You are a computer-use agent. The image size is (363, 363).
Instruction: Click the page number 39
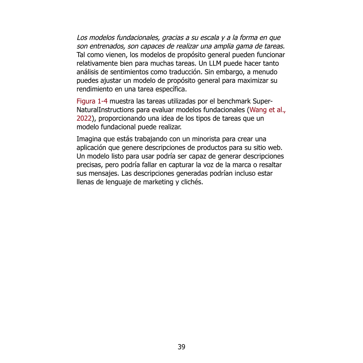pyautogui.click(x=182, y=347)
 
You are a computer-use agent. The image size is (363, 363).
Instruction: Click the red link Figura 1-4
pyautogui.click(x=92, y=101)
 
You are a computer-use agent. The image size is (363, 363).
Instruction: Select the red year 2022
pyautogui.click(x=84, y=119)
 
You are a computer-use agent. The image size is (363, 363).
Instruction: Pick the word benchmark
pyautogui.click(x=234, y=101)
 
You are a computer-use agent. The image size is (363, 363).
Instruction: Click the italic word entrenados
pyautogui.click(x=106, y=46)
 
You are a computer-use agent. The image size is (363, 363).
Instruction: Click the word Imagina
pyautogui.click(x=88, y=139)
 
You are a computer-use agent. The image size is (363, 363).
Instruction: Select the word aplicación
pyautogui.click(x=93, y=148)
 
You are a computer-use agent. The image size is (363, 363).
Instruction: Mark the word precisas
pyautogui.click(x=89, y=165)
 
